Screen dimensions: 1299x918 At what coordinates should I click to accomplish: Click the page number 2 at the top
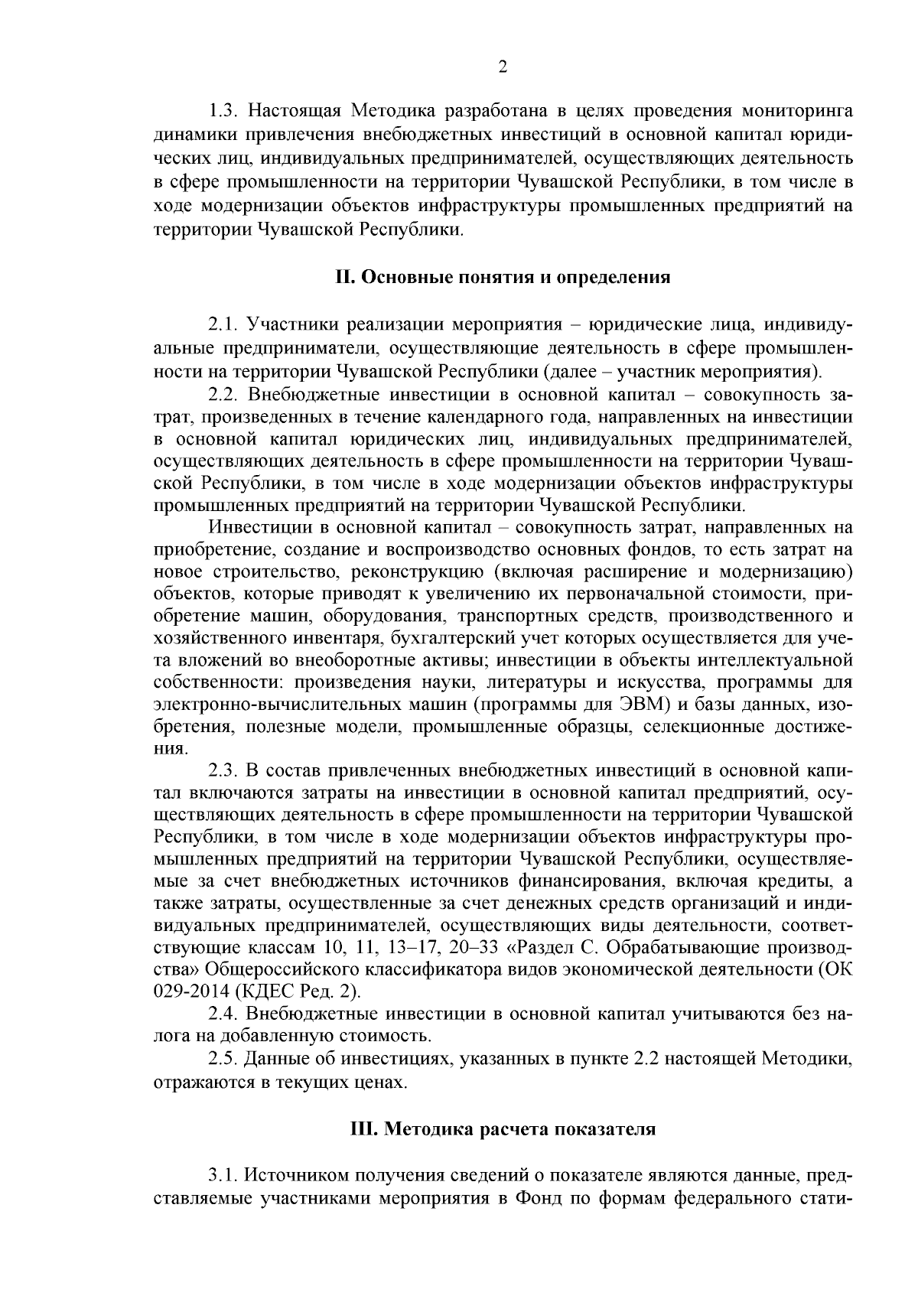click(503, 67)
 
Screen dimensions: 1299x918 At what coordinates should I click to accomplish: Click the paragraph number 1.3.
click(224, 111)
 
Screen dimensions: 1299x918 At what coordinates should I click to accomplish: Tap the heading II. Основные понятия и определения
click(503, 277)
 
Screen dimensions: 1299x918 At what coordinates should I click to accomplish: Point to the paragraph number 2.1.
click(224, 324)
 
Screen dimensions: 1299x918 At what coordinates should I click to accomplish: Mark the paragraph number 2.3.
click(224, 769)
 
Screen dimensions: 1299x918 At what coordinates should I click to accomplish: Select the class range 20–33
click(471, 948)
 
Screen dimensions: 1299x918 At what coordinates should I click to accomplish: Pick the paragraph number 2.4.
click(224, 1014)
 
